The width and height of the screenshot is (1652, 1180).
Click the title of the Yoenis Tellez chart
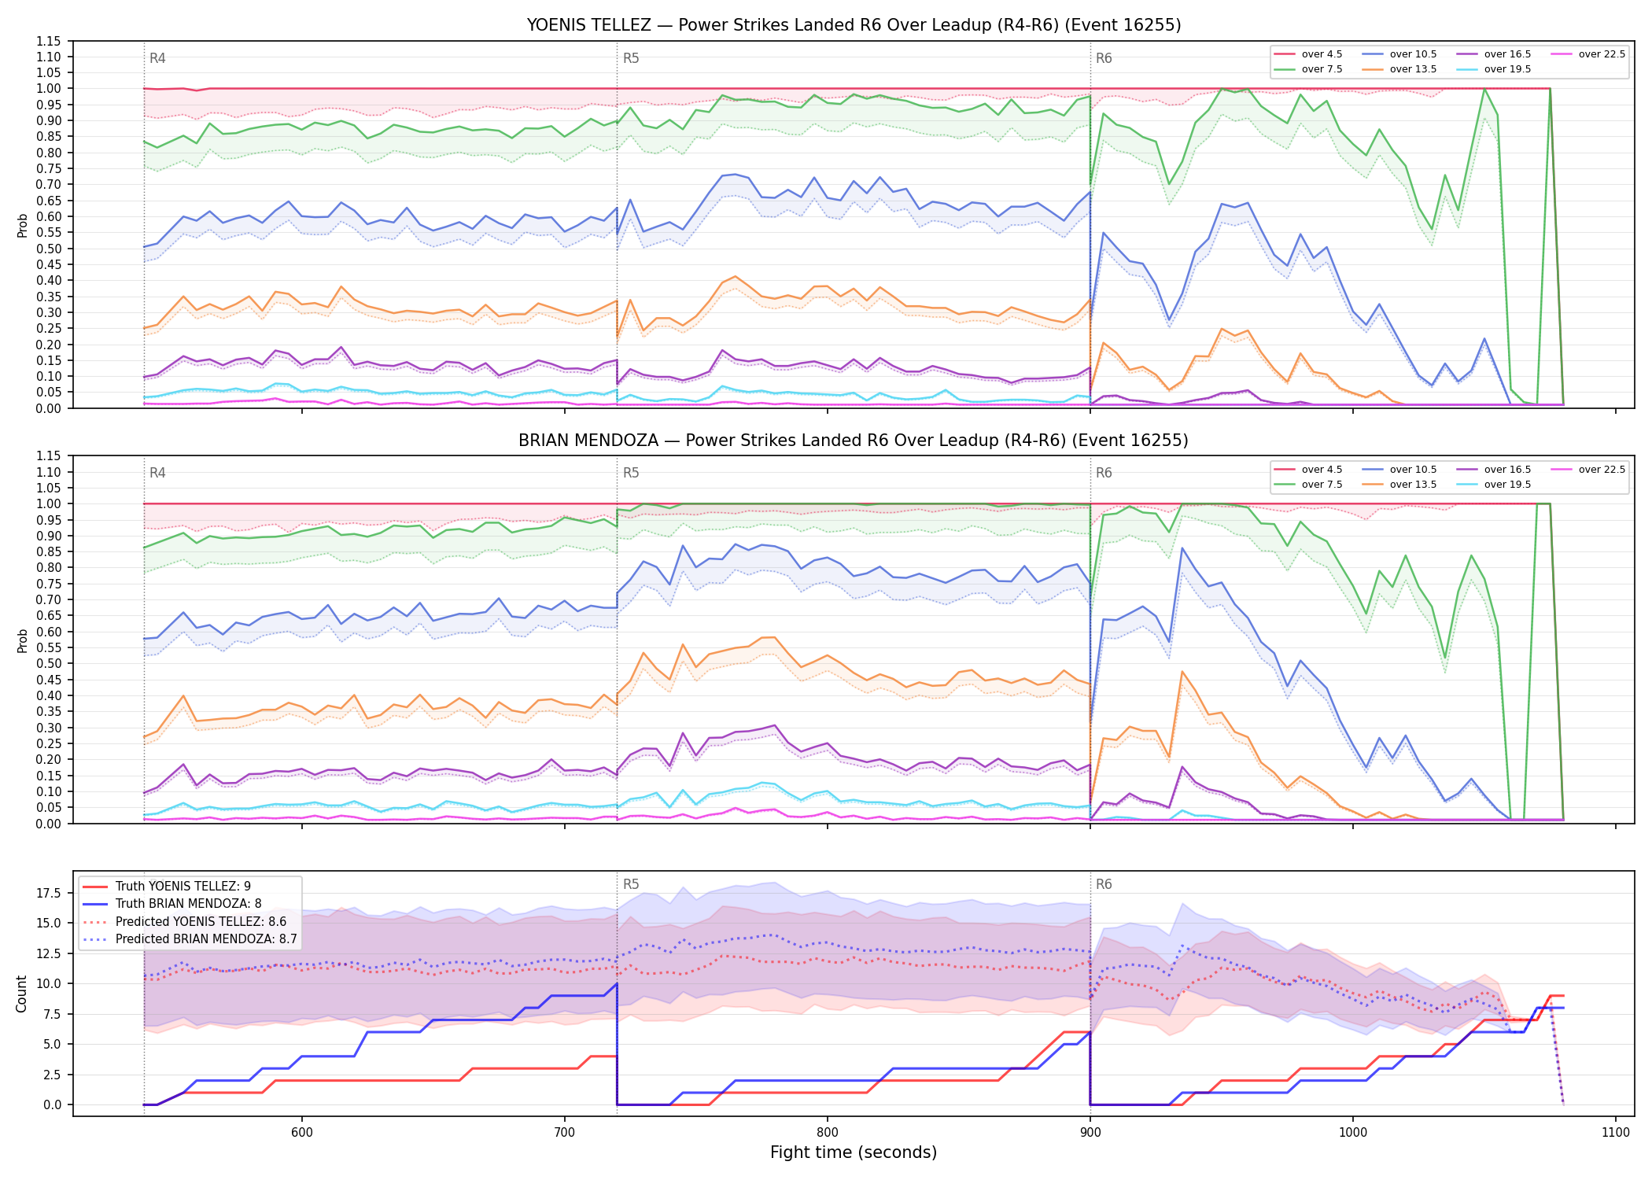[x=854, y=25]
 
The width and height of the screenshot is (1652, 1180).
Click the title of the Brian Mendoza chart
[x=854, y=441]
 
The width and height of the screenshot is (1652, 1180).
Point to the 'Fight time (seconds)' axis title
[x=854, y=1152]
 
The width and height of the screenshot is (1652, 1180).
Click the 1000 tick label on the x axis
[x=1353, y=1132]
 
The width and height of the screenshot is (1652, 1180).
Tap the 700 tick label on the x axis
[x=565, y=1132]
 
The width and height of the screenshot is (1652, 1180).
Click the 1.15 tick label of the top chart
[x=48, y=41]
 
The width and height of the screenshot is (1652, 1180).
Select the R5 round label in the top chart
[x=631, y=58]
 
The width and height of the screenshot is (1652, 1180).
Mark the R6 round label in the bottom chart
[x=1104, y=884]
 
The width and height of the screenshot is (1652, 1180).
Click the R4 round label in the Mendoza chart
[x=157, y=473]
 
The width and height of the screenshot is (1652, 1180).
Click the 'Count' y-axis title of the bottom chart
[x=22, y=994]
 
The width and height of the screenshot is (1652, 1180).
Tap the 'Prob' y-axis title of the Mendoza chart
[x=22, y=640]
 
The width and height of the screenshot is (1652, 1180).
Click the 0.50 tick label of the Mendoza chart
[x=48, y=663]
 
